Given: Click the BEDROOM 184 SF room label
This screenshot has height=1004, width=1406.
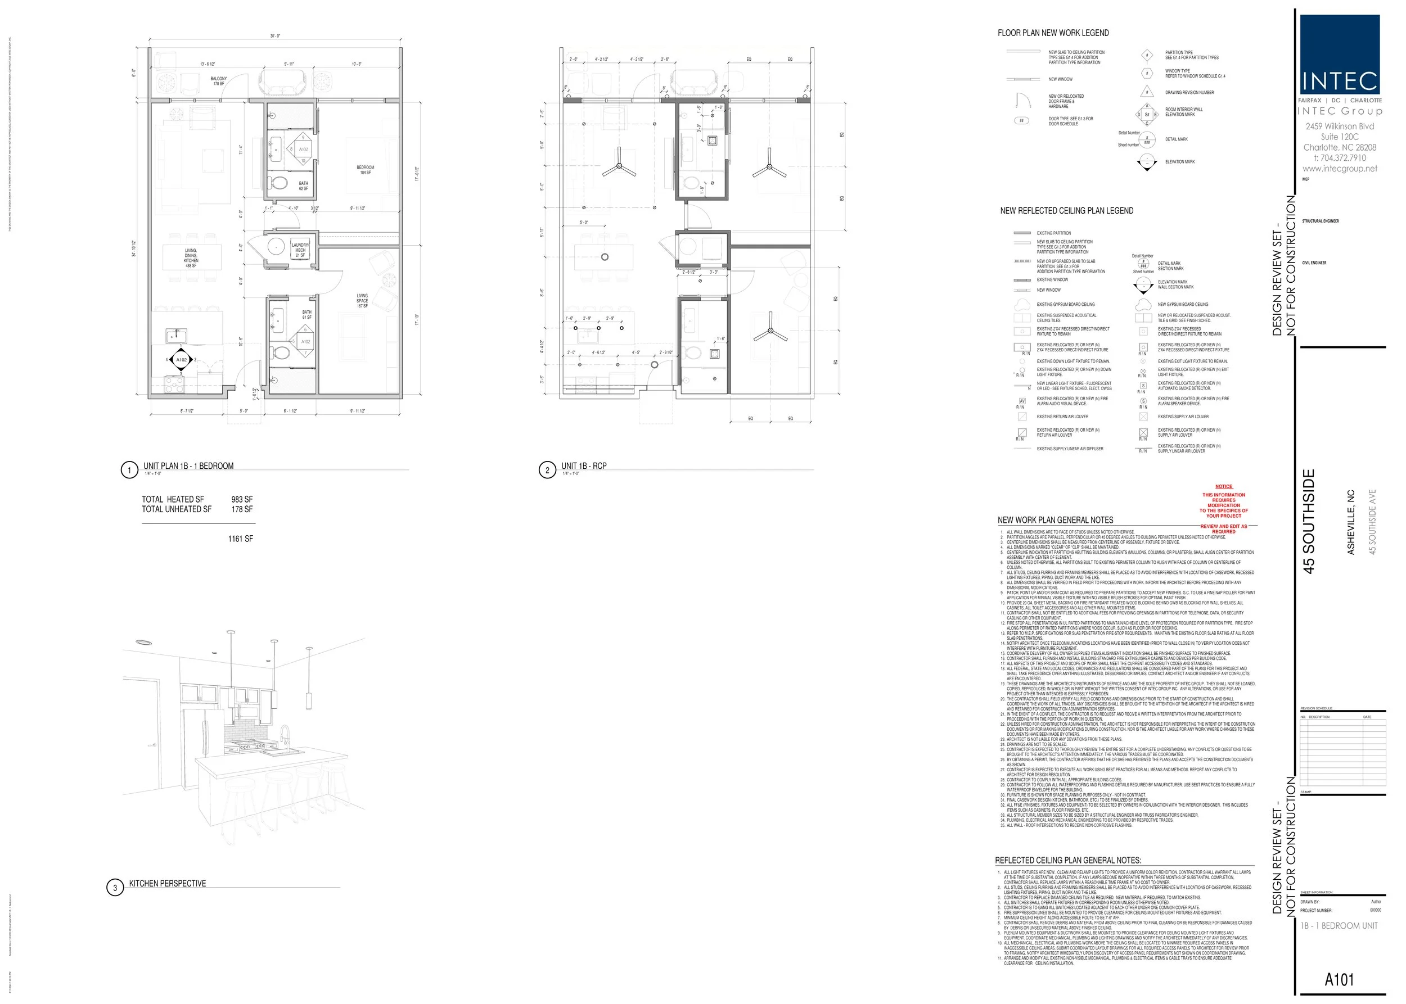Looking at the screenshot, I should (365, 169).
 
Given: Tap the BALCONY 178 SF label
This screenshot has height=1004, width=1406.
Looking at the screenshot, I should (218, 81).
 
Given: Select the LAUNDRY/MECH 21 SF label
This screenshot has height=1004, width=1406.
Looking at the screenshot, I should (300, 250).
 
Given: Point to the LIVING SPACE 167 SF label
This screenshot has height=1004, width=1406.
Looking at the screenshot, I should (362, 300).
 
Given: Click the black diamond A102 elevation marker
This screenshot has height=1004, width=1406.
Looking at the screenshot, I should (181, 359).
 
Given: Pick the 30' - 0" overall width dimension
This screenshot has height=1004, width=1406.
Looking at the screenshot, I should (274, 37).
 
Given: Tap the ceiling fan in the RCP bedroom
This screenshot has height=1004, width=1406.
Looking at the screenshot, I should (768, 166).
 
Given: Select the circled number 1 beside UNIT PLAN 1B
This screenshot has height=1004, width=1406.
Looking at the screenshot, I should (129, 470).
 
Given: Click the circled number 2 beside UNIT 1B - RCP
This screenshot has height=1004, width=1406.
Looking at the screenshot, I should (547, 470).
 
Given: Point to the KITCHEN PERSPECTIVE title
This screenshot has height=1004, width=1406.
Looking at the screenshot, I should (167, 884).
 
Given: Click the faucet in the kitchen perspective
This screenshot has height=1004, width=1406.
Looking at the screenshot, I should (284, 736).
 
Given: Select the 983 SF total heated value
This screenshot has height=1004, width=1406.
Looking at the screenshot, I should (242, 500).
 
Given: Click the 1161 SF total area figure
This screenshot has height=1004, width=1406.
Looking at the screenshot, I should (240, 539).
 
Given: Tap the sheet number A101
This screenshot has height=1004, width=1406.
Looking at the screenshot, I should (1339, 980).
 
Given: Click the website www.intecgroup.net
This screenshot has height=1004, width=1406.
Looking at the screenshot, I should (1340, 169).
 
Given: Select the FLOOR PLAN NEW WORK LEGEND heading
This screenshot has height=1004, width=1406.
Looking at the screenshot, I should (1053, 33).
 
